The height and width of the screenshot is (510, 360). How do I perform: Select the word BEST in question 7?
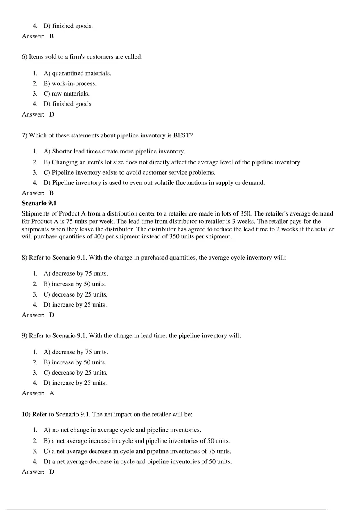[x=182, y=135]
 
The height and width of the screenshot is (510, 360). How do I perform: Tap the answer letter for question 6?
[x=52, y=115]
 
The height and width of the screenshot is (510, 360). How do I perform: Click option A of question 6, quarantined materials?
[x=77, y=73]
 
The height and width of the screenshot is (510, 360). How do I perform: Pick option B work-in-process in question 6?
[x=70, y=83]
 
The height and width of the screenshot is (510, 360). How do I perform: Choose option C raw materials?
[x=67, y=94]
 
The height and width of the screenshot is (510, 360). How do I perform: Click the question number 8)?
[x=25, y=258]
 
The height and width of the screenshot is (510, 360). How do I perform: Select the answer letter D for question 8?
[x=52, y=315]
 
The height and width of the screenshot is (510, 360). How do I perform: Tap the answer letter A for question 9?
[x=52, y=393]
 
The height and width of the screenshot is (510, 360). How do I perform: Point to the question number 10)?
[x=26, y=414]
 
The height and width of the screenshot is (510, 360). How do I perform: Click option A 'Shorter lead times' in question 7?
[x=115, y=151]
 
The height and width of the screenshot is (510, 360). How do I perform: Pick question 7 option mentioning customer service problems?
[x=129, y=172]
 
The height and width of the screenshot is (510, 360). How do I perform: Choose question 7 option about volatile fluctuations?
[x=154, y=182]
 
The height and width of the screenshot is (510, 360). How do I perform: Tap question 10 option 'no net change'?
[x=122, y=430]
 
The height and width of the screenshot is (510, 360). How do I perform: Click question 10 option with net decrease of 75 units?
[x=137, y=451]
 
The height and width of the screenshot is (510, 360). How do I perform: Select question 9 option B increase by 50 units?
[x=75, y=362]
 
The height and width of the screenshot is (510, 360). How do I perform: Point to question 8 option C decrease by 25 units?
[x=76, y=294]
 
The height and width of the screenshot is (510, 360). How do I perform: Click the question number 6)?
[x=25, y=57]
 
